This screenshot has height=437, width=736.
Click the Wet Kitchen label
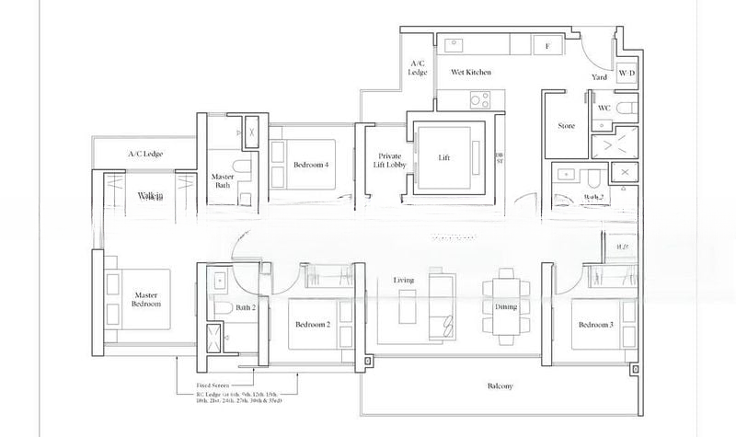(x=470, y=72)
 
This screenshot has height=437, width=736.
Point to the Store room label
(x=566, y=125)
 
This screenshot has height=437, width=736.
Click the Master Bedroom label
(x=146, y=298)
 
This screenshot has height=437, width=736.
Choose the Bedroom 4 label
(x=311, y=165)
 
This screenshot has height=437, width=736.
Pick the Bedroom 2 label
(x=313, y=325)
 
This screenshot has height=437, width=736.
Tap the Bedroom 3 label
(x=596, y=325)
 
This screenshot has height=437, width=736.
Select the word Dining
(x=506, y=306)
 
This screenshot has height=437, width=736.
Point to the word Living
(x=404, y=280)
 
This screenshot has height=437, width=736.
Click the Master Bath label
(x=222, y=180)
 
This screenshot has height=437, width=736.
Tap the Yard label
(x=600, y=78)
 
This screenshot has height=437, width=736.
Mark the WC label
(x=604, y=107)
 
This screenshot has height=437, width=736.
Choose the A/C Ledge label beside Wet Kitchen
(x=416, y=67)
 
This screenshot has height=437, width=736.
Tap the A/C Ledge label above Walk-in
(x=145, y=154)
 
